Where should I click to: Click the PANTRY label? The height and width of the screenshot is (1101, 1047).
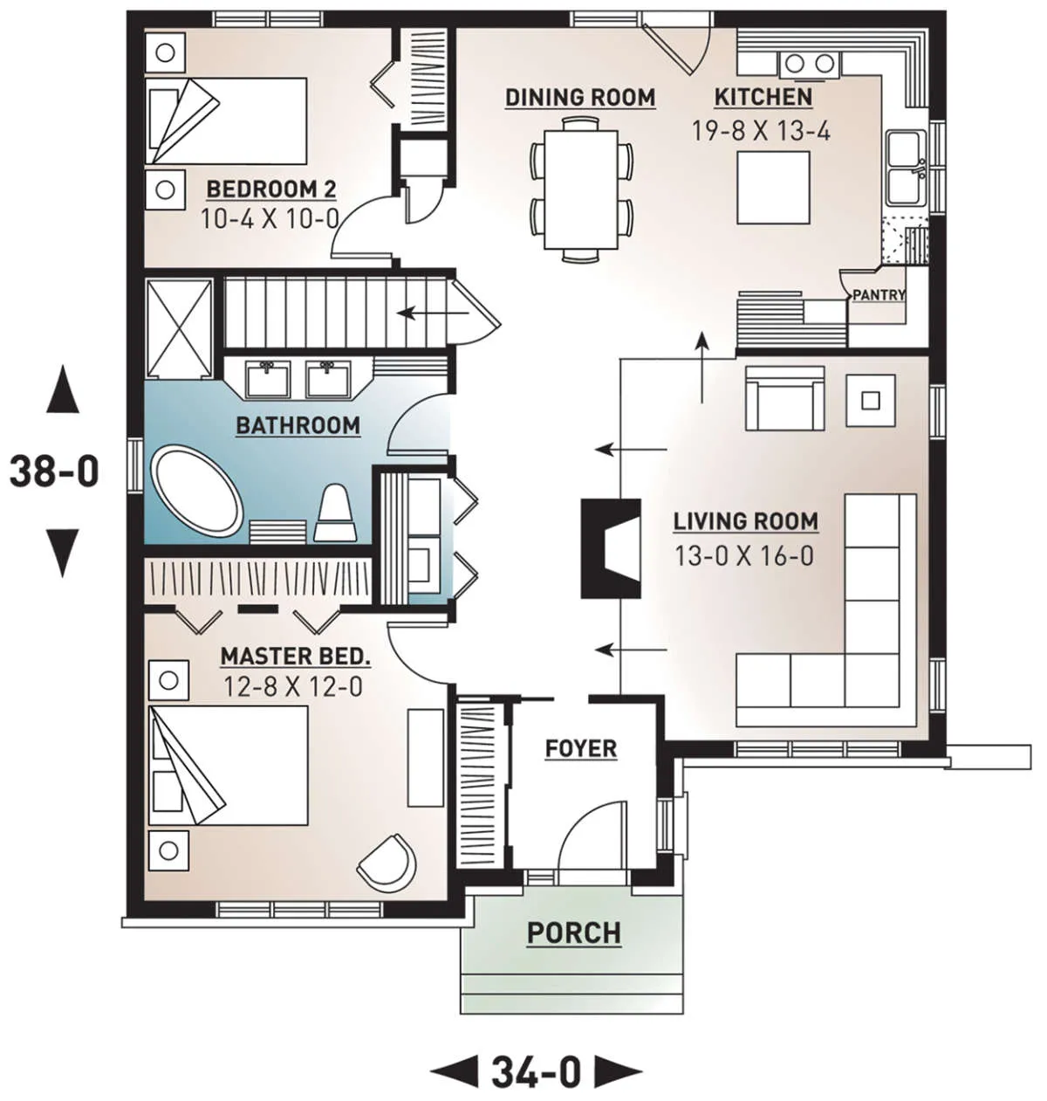[x=879, y=294]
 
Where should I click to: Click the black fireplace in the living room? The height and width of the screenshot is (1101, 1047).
[x=610, y=549]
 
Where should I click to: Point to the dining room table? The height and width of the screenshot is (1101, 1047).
[x=581, y=189]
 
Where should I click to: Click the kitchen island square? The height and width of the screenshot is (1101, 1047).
[x=773, y=188]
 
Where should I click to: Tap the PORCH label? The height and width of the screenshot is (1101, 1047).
[x=574, y=932]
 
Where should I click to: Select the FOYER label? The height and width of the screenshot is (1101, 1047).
[x=581, y=748]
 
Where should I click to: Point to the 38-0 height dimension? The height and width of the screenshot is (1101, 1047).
[x=54, y=471]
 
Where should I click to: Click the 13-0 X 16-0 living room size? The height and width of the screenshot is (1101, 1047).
[x=744, y=556]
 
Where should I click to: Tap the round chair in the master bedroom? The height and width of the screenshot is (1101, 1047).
[x=387, y=863]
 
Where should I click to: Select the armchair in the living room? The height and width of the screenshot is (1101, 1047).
[x=785, y=398]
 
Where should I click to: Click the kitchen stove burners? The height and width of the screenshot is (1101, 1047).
[x=809, y=64]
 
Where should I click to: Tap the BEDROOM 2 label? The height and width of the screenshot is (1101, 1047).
[x=271, y=189]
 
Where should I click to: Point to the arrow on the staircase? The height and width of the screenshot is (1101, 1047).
[x=433, y=313]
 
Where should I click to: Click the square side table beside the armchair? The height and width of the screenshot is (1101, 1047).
[x=870, y=401]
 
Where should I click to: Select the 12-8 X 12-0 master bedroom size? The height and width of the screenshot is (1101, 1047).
[x=293, y=685]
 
